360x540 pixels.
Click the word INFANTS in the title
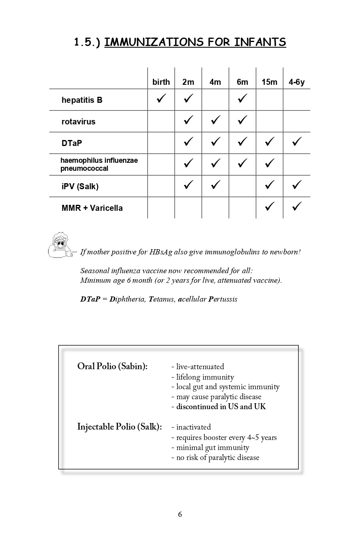260,42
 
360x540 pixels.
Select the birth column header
161,82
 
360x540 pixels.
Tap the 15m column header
269,82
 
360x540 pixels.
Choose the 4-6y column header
296,82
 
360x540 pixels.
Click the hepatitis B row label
82,100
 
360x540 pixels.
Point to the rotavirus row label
78,122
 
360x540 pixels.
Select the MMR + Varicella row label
92,208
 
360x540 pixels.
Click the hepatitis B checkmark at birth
161,98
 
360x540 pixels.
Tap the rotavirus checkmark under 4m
215,120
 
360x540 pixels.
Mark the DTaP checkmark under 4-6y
296,142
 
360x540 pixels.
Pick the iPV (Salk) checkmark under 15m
270,185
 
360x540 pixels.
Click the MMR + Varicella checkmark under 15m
270,206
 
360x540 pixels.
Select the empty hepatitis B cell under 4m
215,100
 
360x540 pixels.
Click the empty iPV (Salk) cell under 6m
242,186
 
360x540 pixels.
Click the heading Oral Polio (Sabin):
112,366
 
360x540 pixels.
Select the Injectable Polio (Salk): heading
119,427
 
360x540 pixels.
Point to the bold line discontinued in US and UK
221,407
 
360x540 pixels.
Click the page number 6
180,514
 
